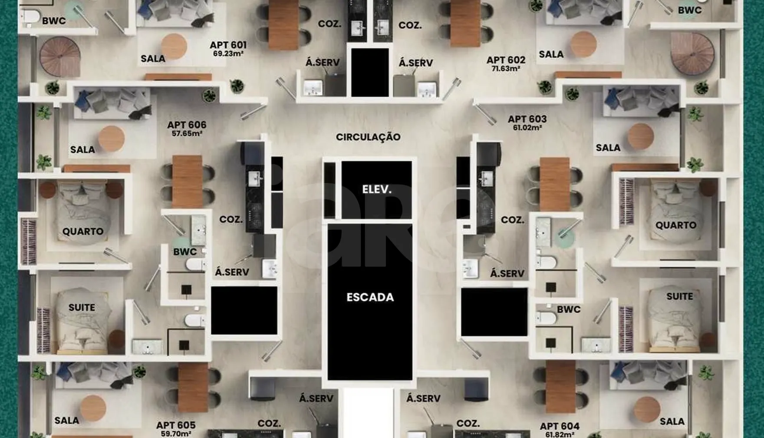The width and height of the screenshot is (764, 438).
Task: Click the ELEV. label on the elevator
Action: tap(377, 189)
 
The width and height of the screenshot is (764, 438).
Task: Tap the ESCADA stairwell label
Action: tap(370, 297)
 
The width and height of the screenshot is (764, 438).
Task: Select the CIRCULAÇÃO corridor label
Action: tap(368, 137)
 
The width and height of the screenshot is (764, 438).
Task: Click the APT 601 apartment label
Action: tap(228, 45)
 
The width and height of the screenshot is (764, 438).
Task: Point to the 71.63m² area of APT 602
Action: tap(506, 69)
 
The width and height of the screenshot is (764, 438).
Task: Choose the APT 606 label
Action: tap(187, 125)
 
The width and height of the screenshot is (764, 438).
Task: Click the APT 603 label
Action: tap(527, 119)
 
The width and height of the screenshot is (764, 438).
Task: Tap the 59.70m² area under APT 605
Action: tap(176, 434)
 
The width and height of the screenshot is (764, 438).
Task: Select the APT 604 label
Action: tap(560, 426)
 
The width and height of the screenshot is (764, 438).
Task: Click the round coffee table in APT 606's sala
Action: tap(111, 139)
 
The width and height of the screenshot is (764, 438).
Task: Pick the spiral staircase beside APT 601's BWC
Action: tap(60, 57)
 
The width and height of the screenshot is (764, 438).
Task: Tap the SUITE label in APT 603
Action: tap(680, 296)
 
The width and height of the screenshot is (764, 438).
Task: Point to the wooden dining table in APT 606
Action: tap(187, 181)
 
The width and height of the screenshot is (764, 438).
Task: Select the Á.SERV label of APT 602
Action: tap(416, 63)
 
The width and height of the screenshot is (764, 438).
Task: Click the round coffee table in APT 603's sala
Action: tap(641, 136)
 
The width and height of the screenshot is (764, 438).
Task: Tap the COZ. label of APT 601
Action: tap(329, 24)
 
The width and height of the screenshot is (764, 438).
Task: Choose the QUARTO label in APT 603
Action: tap(676, 225)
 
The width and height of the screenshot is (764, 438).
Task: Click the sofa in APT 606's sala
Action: tap(112, 103)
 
